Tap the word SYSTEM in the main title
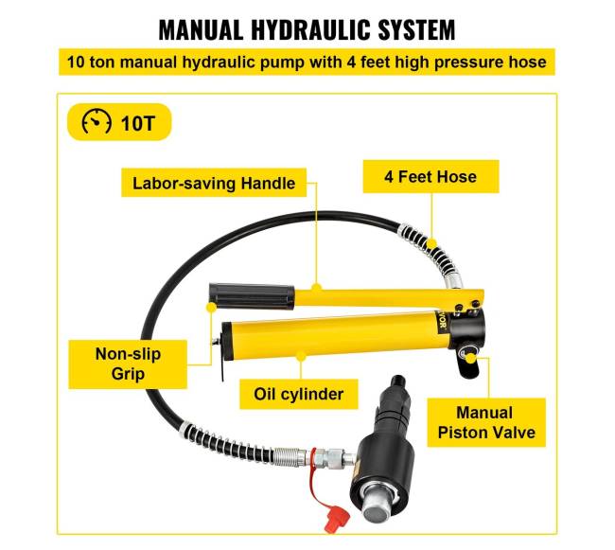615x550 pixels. click(416, 29)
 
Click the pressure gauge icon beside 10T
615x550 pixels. click(97, 121)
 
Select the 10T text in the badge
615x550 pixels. click(138, 123)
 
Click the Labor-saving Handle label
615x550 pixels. click(214, 183)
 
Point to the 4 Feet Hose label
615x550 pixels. click(430, 176)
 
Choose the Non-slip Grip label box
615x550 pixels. click(128, 364)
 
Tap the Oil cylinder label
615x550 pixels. click(298, 394)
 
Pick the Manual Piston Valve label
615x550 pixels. click(486, 422)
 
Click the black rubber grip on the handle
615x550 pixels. click(252, 295)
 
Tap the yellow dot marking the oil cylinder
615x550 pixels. click(301, 357)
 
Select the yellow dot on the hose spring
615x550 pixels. click(431, 243)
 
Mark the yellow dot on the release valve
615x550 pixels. click(470, 358)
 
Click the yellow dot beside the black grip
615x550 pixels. click(211, 307)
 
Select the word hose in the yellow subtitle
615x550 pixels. click(527, 62)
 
